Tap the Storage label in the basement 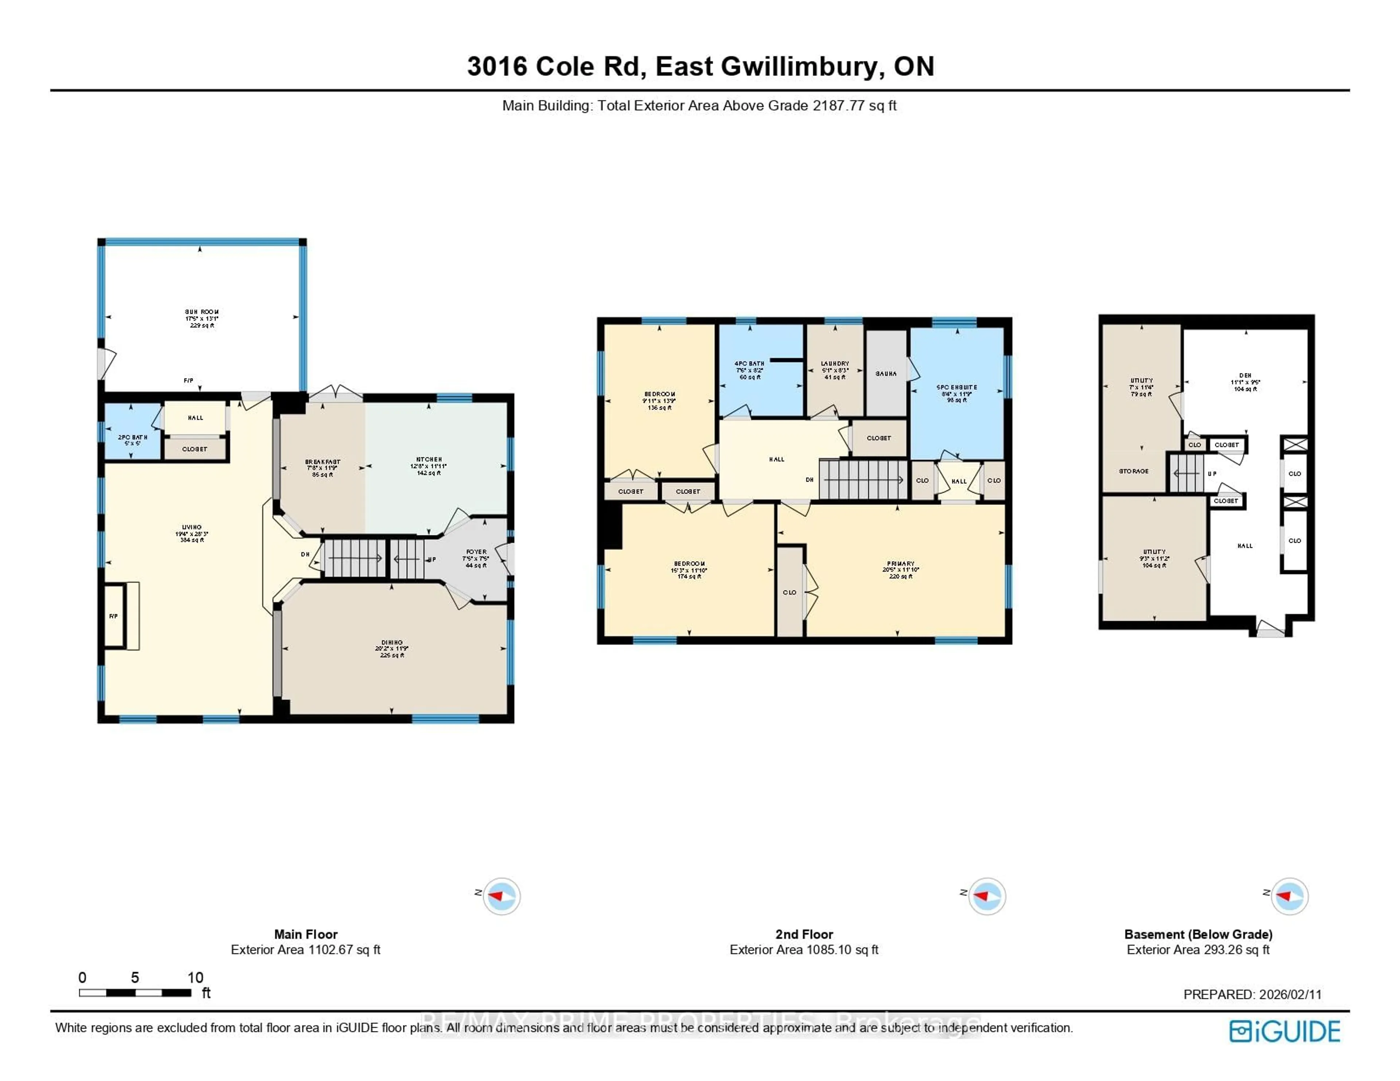pyautogui.click(x=1133, y=471)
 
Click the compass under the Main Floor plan pyautogui.click(x=501, y=896)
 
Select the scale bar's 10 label pyautogui.click(x=195, y=977)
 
